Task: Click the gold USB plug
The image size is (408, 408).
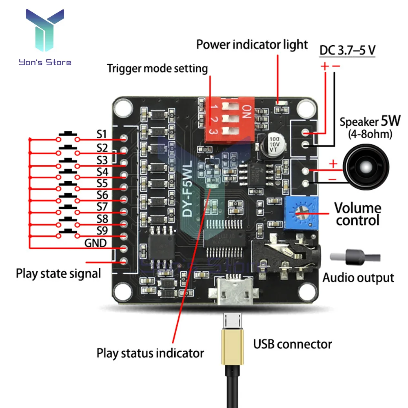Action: tap(233, 346)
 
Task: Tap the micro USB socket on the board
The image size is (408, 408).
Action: tap(233, 292)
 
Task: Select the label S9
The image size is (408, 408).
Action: tap(102, 231)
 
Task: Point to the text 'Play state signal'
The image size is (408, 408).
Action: tap(58, 273)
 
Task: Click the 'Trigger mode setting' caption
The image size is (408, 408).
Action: tap(157, 68)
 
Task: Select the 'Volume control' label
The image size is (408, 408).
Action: tap(357, 214)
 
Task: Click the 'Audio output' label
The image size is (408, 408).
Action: tap(358, 278)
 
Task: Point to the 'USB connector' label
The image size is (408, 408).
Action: tap(293, 344)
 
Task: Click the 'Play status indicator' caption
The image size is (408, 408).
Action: tap(150, 353)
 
